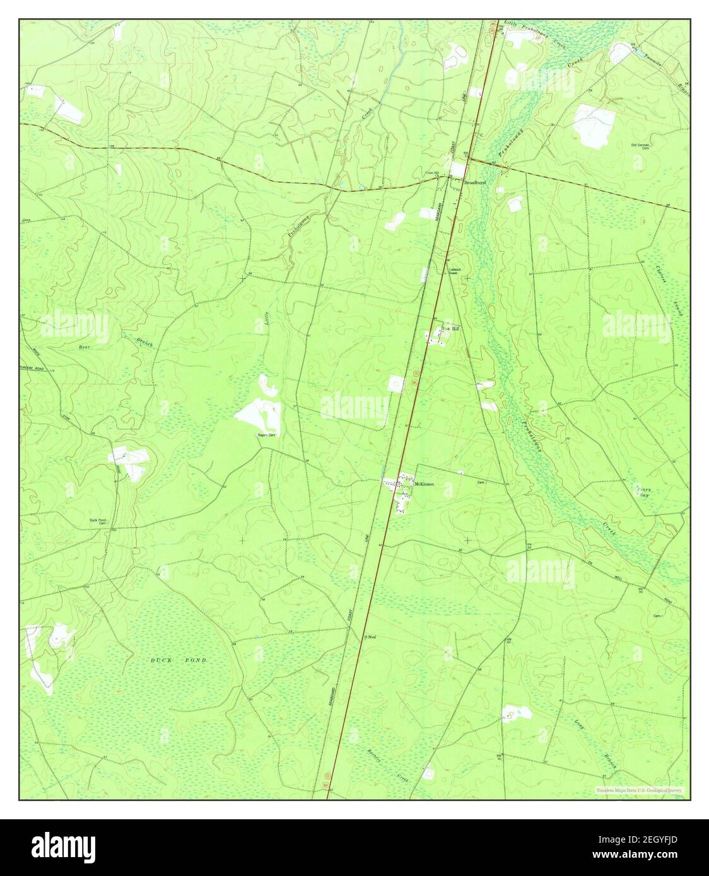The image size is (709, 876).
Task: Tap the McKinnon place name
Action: pyautogui.click(x=424, y=484)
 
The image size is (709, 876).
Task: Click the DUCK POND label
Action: pyautogui.click(x=179, y=660)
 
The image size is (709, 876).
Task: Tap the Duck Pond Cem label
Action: pyautogui.click(x=98, y=522)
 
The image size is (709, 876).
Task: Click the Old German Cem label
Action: pyautogui.click(x=640, y=146)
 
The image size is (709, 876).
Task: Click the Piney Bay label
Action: pyautogui.click(x=643, y=492)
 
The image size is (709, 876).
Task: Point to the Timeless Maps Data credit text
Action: pyautogui.click(x=639, y=790)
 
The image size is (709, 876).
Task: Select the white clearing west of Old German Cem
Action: pyautogui.click(x=593, y=125)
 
